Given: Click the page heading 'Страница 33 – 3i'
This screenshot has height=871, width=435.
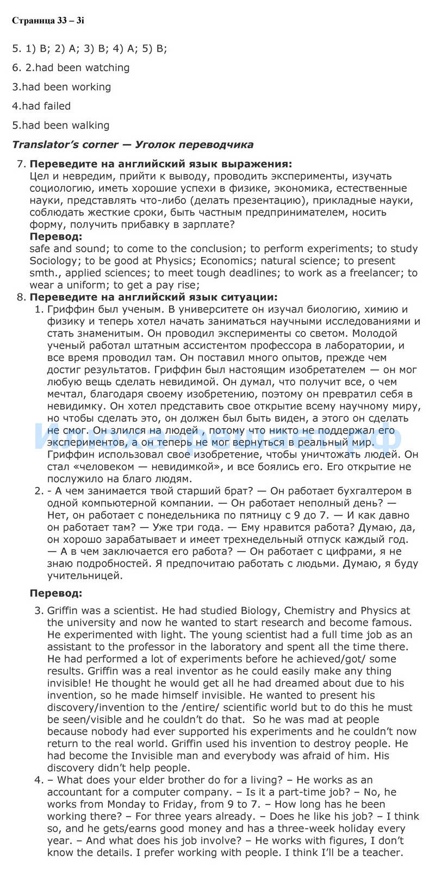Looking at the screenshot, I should click(48, 21).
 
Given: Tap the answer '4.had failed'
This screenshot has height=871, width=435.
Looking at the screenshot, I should click(41, 106).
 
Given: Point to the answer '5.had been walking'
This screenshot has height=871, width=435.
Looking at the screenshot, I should click(61, 126).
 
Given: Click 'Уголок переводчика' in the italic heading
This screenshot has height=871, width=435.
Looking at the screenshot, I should click(194, 145).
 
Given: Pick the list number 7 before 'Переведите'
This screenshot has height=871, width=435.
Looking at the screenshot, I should click(21, 164).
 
